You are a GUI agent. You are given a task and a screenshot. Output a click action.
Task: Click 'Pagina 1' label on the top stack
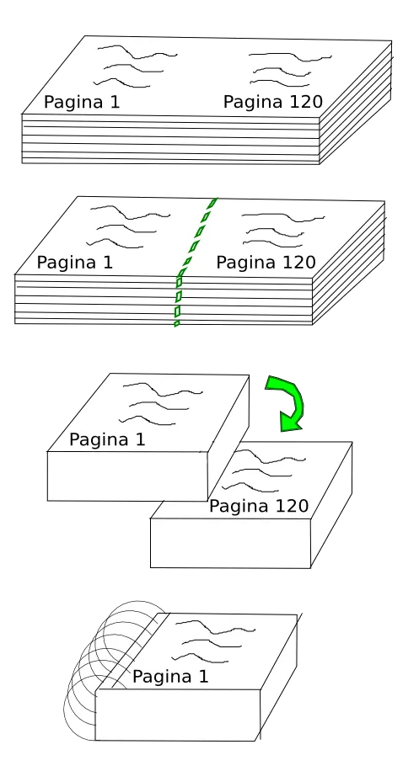[82, 103]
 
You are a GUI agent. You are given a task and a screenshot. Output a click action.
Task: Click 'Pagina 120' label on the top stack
[272, 102]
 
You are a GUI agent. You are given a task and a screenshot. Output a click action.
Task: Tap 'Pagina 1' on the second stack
[75, 263]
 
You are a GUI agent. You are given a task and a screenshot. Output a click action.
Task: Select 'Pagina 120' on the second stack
[266, 263]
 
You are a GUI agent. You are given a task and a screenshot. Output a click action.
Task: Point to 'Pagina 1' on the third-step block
[107, 439]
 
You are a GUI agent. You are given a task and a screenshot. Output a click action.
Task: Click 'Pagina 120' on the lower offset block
[258, 507]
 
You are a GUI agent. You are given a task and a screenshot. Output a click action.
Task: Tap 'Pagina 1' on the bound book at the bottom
[170, 677]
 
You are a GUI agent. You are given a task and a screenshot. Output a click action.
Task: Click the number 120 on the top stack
[305, 102]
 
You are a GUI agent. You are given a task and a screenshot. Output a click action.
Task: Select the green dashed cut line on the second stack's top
[198, 236]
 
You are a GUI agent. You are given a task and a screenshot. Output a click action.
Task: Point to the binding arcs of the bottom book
[101, 665]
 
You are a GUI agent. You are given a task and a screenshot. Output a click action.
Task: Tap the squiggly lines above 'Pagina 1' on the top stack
[128, 66]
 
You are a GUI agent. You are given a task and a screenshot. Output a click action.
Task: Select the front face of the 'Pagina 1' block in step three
[126, 476]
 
